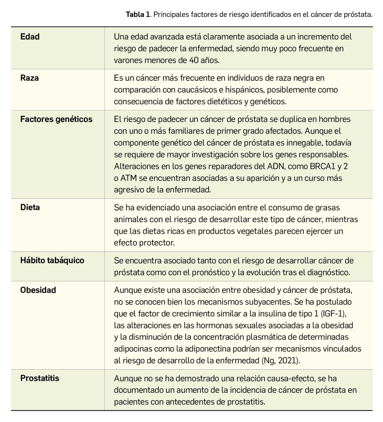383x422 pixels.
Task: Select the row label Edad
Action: (x=30, y=37)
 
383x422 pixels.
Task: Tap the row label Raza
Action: (x=29, y=78)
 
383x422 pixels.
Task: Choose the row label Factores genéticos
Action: (x=56, y=120)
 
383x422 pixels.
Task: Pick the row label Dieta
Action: (x=30, y=207)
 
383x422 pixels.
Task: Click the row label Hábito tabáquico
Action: (x=52, y=260)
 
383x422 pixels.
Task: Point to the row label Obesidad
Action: (x=38, y=290)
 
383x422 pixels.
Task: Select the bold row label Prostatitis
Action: (x=40, y=378)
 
